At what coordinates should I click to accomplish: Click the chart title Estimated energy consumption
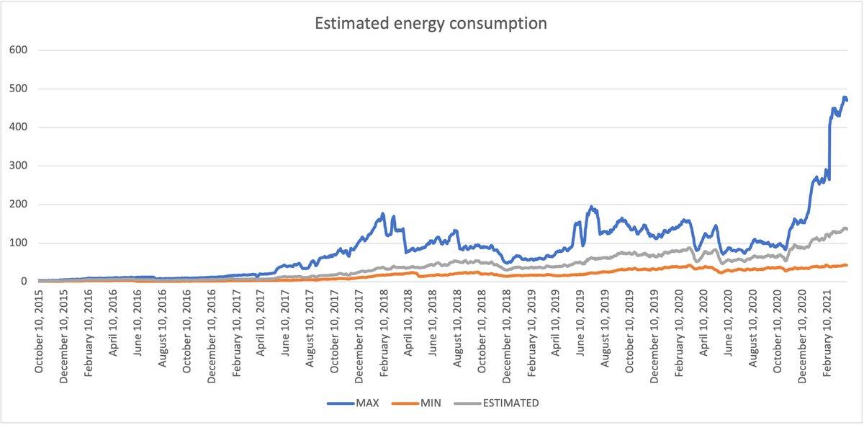pyautogui.click(x=431, y=23)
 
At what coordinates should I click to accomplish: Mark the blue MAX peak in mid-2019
pyautogui.click(x=591, y=207)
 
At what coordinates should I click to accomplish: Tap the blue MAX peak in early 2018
pyautogui.click(x=382, y=213)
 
